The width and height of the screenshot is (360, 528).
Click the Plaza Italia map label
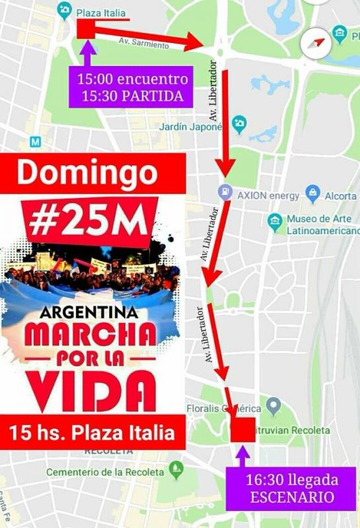coord(100,13)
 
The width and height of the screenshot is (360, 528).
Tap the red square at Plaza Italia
coord(88,29)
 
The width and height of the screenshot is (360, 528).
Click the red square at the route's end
coord(242,429)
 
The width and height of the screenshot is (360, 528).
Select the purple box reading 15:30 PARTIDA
coord(132,87)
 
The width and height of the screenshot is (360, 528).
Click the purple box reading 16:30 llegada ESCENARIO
coord(291,488)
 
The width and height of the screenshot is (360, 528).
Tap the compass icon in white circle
coord(316,43)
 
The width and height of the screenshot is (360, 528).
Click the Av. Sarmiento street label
coord(143,44)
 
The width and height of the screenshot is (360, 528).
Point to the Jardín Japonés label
coord(190,127)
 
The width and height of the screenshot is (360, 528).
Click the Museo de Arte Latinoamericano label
coord(322,224)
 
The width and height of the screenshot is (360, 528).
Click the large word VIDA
coord(91,392)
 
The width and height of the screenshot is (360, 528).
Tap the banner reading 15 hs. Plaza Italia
coord(92,433)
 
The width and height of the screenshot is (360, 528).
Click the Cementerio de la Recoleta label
coord(104,473)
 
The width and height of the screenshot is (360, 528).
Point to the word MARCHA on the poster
coord(92,336)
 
